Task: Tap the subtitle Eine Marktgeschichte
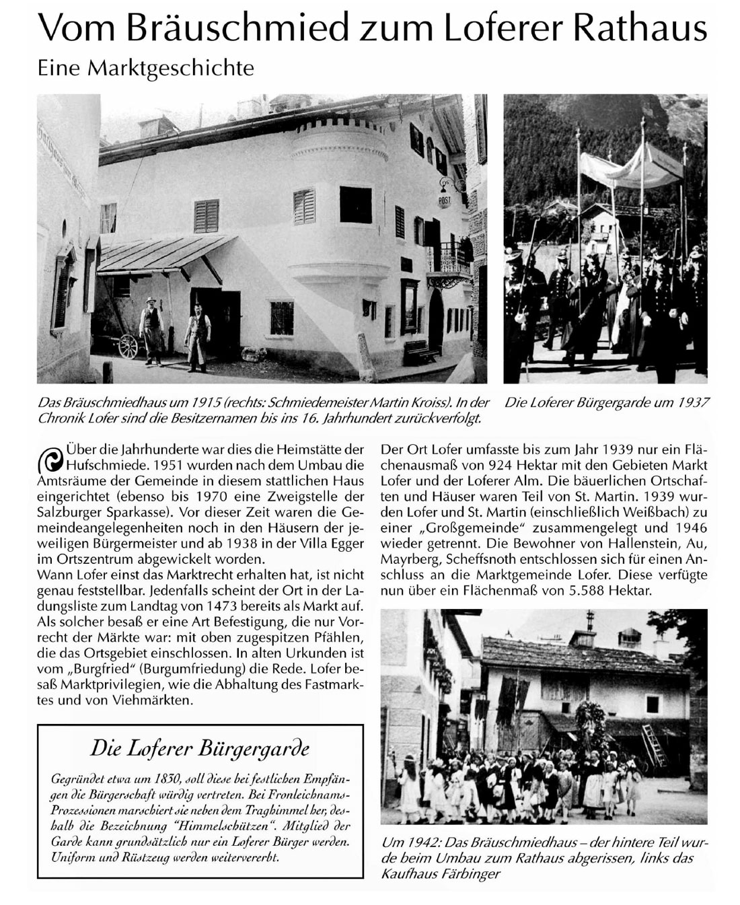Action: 145,68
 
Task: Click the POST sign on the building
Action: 444,201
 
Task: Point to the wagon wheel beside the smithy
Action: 127,345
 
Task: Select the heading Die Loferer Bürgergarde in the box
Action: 200,748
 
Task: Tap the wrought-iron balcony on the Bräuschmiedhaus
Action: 449,258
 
